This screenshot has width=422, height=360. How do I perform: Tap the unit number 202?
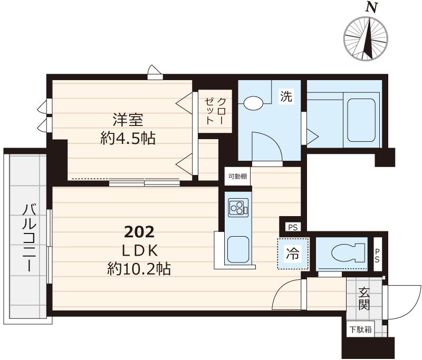(x=139, y=232)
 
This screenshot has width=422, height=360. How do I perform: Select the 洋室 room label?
(x=128, y=120)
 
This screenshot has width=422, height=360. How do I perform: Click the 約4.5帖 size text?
(x=128, y=139)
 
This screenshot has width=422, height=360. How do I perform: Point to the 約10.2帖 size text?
(x=139, y=269)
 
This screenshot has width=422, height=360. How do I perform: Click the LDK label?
(x=139, y=251)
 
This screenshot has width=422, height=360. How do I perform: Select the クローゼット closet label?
(x=215, y=111)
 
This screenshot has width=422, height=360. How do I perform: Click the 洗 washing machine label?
(x=286, y=96)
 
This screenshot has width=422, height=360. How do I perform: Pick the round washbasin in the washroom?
(x=253, y=103)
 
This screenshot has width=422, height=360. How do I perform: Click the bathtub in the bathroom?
(x=361, y=120)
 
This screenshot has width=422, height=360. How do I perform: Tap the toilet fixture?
(x=348, y=253)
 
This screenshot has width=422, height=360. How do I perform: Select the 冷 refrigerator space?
(x=293, y=254)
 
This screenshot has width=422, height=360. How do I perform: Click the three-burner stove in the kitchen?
(x=238, y=208)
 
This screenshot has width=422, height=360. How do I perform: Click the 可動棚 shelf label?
(x=238, y=177)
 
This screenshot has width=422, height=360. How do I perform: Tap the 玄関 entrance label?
(x=363, y=299)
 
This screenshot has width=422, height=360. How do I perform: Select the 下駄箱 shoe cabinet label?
(x=361, y=329)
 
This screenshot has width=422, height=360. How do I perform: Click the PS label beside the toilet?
(x=377, y=256)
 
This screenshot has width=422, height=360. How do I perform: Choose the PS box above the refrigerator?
(x=293, y=228)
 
